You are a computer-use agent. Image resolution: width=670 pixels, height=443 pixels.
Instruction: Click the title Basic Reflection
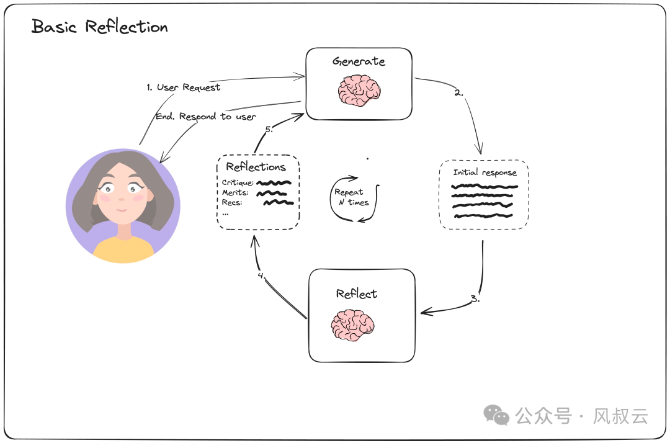coord(99,27)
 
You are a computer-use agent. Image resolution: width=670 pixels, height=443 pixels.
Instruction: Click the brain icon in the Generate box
coord(359,91)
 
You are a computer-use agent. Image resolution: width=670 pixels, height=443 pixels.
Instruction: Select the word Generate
coord(359,61)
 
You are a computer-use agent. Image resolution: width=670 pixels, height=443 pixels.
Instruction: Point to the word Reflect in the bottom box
coord(356,293)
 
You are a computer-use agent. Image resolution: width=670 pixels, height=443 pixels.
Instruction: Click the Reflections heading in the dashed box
coord(256,167)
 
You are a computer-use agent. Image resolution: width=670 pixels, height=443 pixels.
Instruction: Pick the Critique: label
coord(238,182)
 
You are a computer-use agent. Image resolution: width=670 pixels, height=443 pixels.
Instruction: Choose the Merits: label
coord(235,192)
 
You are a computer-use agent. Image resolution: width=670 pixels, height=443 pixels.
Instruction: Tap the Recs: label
coord(231,202)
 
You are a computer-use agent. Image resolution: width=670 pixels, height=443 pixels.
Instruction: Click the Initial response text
coord(485,172)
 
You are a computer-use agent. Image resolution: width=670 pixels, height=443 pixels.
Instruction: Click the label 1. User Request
coord(183,87)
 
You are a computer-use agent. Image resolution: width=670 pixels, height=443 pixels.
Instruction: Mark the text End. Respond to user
coord(205,116)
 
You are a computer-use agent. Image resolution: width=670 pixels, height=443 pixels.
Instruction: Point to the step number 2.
coord(458,93)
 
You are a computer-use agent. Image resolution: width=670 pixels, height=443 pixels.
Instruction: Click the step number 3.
coord(475,298)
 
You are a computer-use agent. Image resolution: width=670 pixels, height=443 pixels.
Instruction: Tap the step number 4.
coord(262,275)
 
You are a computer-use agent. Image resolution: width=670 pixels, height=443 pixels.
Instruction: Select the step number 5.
coord(269,130)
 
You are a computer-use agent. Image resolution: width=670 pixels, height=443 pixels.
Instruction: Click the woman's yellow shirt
coord(123,249)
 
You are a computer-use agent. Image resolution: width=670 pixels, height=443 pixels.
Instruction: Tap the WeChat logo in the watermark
coord(497,415)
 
